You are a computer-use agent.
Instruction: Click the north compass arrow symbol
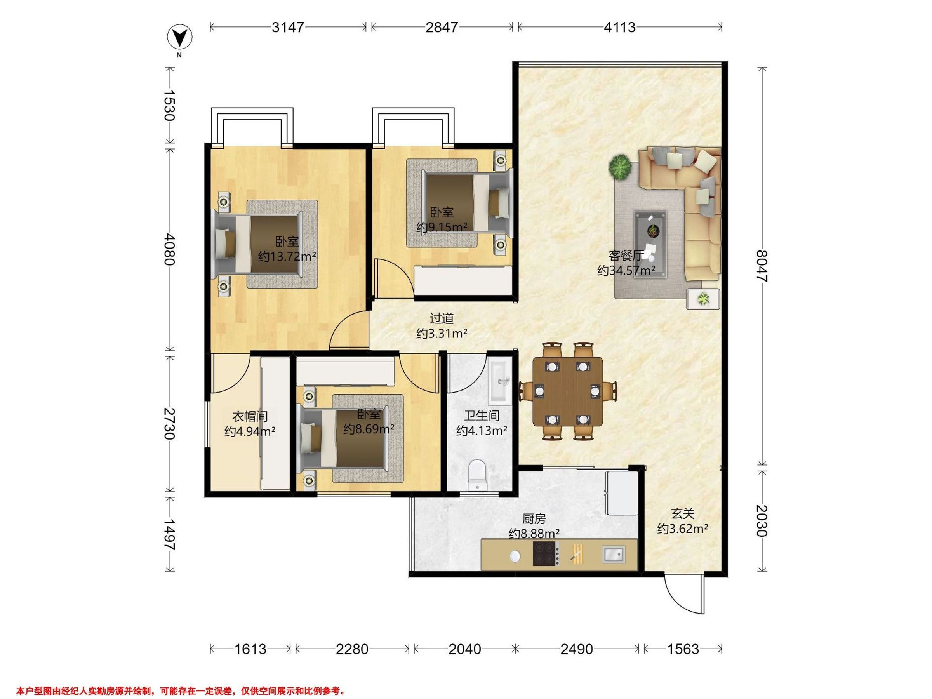180,38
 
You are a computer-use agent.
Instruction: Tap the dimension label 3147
288,28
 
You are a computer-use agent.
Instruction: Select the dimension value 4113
619,28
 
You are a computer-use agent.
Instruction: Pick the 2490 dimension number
577,649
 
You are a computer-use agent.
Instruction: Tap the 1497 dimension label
169,534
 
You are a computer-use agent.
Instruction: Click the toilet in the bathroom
477,475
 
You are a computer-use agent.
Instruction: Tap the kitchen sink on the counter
614,554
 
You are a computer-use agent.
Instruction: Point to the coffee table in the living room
651,244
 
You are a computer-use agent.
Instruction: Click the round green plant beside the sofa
620,167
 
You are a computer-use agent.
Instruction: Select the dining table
567,391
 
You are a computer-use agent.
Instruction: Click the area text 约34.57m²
626,270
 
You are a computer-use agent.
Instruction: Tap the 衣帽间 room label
250,417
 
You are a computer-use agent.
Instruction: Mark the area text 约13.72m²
287,256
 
